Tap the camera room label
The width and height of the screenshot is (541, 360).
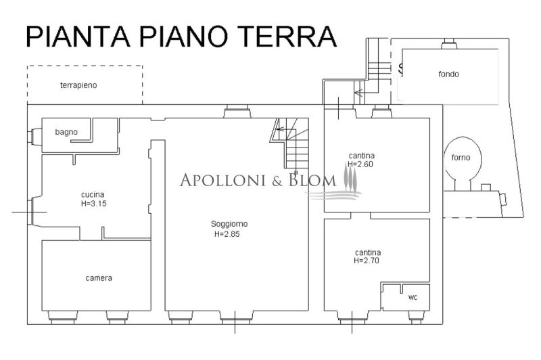[99, 277]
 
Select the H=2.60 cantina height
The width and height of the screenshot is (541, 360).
[360, 164]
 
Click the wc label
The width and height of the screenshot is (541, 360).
[413, 297]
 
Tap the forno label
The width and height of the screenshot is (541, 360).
[461, 158]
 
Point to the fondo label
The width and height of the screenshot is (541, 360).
[448, 74]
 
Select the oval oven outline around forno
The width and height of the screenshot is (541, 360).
[463, 160]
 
